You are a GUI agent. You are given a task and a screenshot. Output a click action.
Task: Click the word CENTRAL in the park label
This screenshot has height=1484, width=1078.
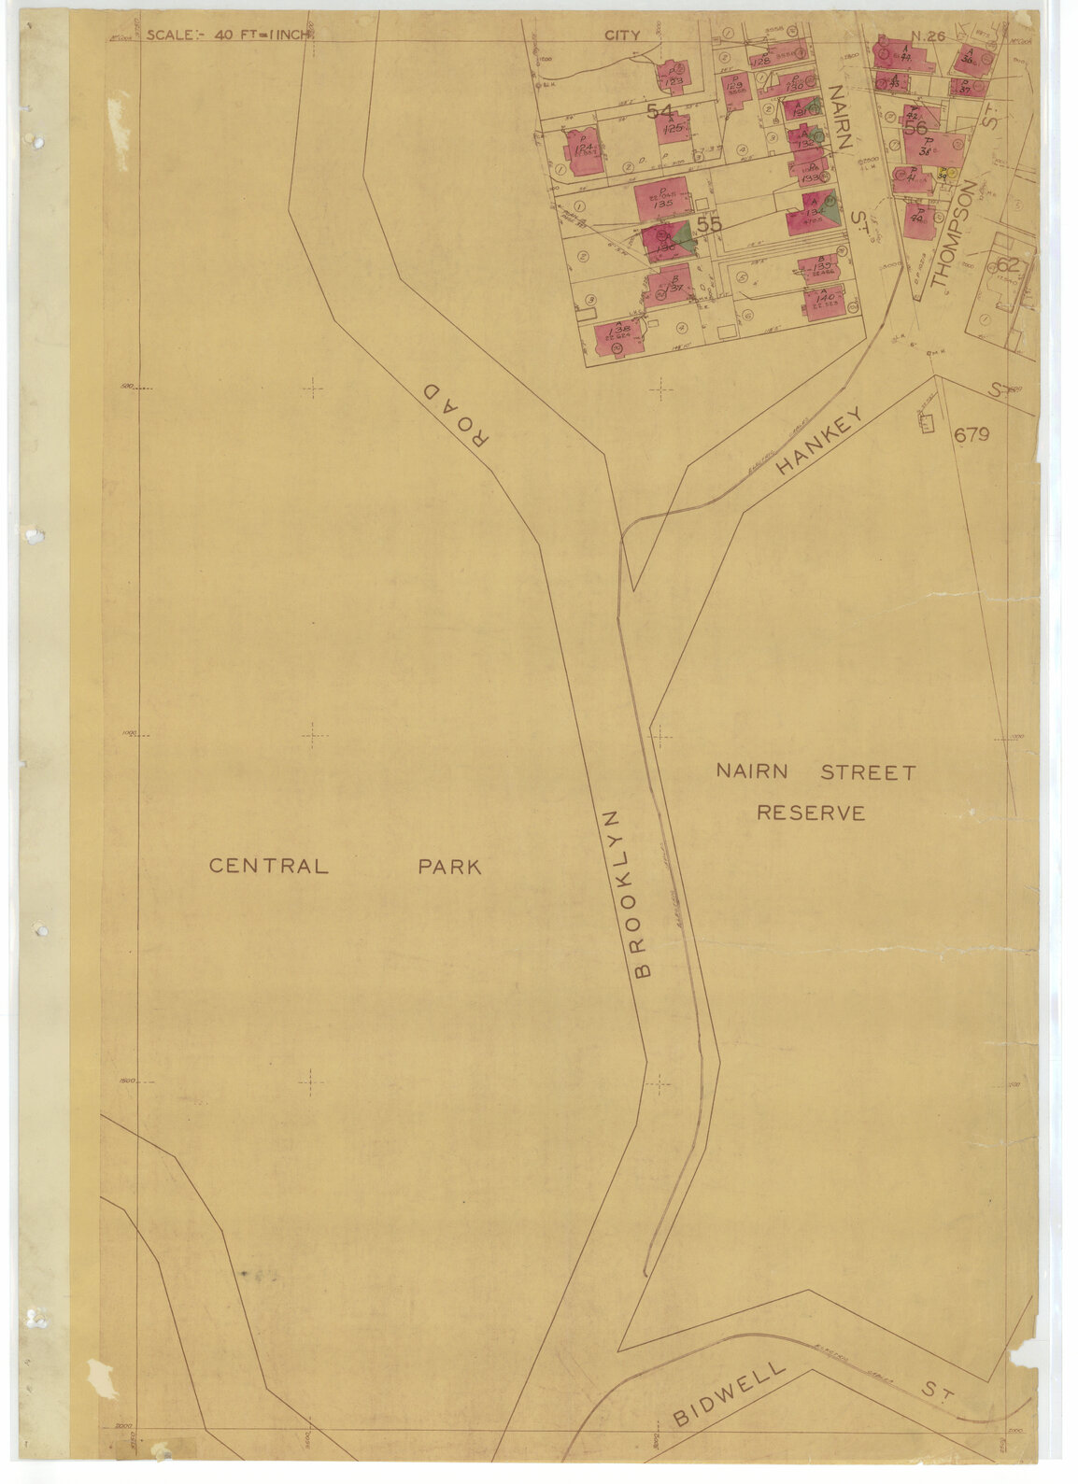[268, 866]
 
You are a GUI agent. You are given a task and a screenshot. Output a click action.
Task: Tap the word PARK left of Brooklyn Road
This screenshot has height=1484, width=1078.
[449, 867]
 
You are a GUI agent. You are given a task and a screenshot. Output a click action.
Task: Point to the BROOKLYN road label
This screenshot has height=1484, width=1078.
[626, 894]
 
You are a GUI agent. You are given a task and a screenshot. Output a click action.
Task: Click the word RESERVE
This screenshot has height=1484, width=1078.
[810, 813]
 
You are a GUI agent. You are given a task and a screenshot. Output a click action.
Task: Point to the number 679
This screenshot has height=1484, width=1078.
[972, 434]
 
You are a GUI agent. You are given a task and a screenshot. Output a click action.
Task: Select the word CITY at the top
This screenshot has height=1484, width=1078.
[622, 35]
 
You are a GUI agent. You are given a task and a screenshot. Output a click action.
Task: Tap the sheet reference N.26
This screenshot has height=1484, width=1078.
[929, 36]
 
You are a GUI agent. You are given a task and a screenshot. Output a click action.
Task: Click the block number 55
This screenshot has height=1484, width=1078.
[709, 225]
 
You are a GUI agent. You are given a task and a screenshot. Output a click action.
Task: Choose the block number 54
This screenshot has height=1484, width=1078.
[660, 111]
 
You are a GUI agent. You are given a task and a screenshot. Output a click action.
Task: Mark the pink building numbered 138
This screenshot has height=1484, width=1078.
[617, 335]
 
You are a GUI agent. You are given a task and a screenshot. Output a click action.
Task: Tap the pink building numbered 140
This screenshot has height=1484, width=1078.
[823, 304]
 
